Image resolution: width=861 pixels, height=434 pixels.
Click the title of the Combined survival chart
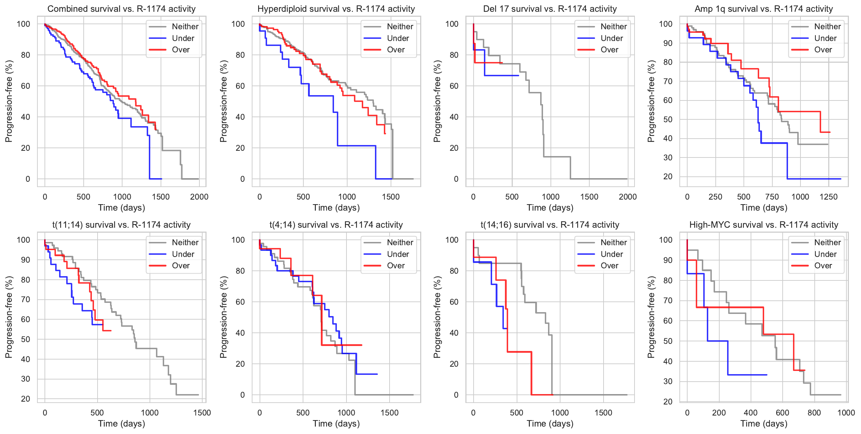[x=121, y=9]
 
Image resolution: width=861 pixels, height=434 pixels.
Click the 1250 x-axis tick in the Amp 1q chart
[x=829, y=197]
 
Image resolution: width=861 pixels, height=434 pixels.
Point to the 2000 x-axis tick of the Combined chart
[x=199, y=197]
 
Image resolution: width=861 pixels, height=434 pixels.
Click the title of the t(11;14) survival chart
[x=121, y=225]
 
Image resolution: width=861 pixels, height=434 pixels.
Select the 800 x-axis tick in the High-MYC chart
[x=814, y=413]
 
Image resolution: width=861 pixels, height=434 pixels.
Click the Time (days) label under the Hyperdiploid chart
[x=336, y=208]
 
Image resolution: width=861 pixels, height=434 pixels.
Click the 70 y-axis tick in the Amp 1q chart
[x=666, y=81]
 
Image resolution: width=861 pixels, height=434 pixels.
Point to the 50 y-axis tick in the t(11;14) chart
[x=26, y=339]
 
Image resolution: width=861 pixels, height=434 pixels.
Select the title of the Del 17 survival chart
[x=550, y=9]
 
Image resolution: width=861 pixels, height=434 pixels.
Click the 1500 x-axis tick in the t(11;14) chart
[x=202, y=413]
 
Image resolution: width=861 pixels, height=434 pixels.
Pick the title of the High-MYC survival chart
[x=764, y=225]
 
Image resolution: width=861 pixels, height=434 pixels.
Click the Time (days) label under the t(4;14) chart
[x=336, y=424]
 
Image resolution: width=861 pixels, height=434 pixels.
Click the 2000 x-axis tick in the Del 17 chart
[x=628, y=197]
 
